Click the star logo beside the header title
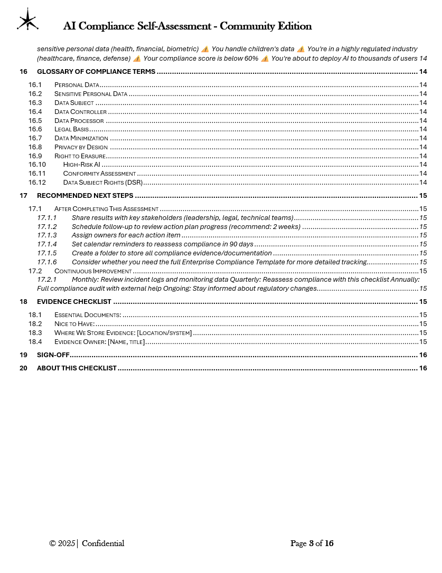pyautogui.click(x=27, y=20)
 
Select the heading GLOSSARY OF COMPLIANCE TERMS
pyautogui.click(x=96, y=72)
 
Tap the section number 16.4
pyautogui.click(x=35, y=112)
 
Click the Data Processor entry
pyautogui.click(x=79, y=121)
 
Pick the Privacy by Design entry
pyautogui.click(x=81, y=147)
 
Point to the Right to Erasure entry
pyautogui.click(x=80, y=156)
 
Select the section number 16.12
pyautogui.click(x=37, y=183)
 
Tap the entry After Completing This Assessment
pyautogui.click(x=107, y=209)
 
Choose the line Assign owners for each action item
pyautogui.click(x=126, y=235)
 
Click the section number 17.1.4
pyautogui.click(x=46, y=244)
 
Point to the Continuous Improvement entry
pyautogui.click(x=93, y=271)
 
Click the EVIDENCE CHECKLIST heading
pyautogui.click(x=74, y=302)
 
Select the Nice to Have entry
pyautogui.click(x=74, y=323)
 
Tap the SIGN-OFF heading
pyautogui.click(x=53, y=355)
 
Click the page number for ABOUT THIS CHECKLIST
pyautogui.click(x=422, y=368)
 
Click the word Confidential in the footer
pyautogui.click(x=103, y=543)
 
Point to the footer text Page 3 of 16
pyautogui.click(x=312, y=543)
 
